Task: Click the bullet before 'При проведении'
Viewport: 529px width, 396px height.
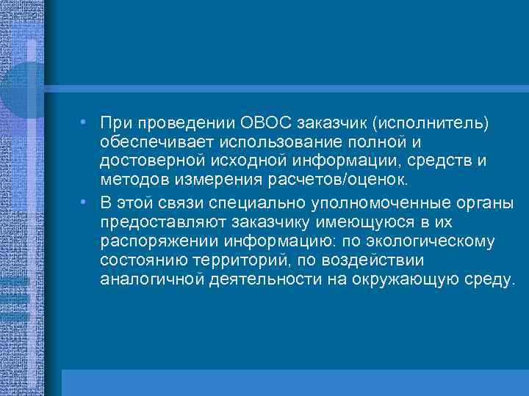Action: click(86, 120)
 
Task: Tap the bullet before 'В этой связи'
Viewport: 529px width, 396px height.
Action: click(86, 202)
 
